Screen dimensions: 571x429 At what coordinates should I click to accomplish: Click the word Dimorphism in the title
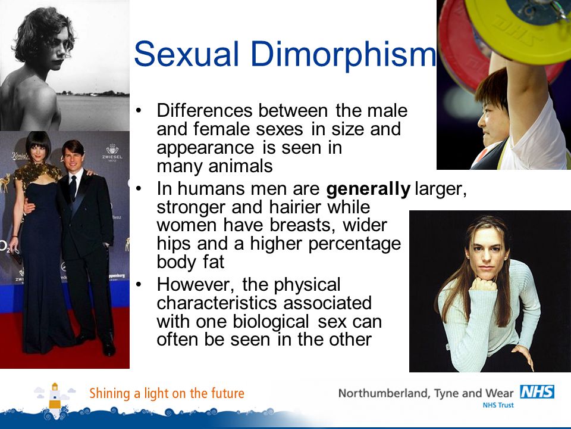(343, 55)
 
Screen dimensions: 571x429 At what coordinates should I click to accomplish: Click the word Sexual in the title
(186, 54)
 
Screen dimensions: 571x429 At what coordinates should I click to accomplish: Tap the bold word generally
(369, 189)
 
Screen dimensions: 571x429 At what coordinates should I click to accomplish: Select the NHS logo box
(537, 392)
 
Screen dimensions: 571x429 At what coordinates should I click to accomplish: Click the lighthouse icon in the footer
(55, 397)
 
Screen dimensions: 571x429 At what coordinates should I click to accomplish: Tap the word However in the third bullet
(196, 285)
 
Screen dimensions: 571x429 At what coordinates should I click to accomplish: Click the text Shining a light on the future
(167, 394)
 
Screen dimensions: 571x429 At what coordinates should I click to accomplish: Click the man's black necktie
(73, 186)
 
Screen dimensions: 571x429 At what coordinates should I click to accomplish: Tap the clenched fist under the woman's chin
(483, 284)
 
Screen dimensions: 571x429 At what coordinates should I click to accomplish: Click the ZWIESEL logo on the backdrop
(112, 153)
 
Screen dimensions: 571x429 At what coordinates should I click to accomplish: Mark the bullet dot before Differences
(139, 111)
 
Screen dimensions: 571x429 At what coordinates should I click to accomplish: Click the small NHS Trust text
(498, 405)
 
